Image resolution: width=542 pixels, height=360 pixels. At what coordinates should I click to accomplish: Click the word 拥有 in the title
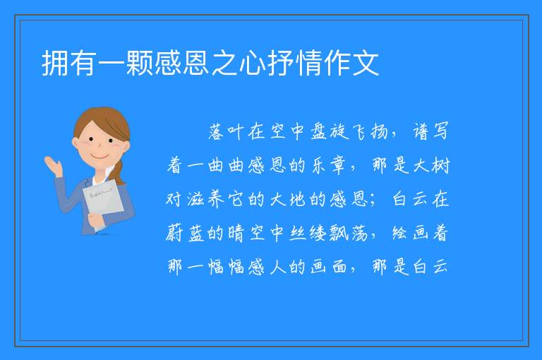[x=68, y=64]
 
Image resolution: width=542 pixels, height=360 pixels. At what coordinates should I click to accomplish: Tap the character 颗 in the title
[x=139, y=64]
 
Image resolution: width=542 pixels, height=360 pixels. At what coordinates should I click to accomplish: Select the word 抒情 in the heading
[x=294, y=64]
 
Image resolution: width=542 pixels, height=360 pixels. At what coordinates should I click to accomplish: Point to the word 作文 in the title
[x=351, y=64]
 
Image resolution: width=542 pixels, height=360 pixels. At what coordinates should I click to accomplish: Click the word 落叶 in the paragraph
[x=226, y=131]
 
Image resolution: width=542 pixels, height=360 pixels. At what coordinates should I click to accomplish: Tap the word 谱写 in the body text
[x=430, y=131]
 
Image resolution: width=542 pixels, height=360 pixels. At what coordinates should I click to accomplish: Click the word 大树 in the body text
[x=430, y=165]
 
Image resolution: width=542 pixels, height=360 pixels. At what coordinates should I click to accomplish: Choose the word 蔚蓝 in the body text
[x=186, y=233]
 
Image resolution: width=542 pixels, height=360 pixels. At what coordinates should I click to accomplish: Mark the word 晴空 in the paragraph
[x=246, y=233]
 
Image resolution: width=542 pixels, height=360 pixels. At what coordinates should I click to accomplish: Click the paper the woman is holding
[x=103, y=204]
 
